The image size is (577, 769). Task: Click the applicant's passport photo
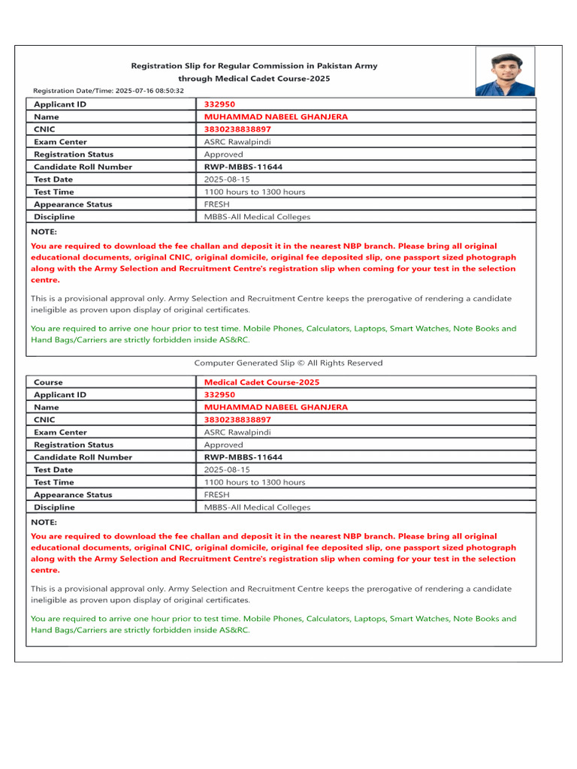(x=505, y=71)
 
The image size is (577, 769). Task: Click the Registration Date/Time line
(x=107, y=90)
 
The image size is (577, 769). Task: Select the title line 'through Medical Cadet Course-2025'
(x=254, y=78)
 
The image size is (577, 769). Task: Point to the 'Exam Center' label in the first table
(x=60, y=142)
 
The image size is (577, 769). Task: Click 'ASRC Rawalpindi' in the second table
(x=237, y=433)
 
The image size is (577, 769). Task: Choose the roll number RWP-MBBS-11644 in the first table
(x=243, y=167)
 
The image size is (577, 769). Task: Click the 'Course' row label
(x=49, y=382)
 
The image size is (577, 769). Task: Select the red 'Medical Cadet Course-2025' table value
(x=261, y=382)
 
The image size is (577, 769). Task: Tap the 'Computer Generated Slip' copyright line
(x=288, y=363)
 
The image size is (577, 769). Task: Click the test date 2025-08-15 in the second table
(x=227, y=470)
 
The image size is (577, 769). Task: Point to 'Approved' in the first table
(x=223, y=155)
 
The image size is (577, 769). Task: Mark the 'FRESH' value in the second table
(x=217, y=495)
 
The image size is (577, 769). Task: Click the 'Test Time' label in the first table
(x=54, y=192)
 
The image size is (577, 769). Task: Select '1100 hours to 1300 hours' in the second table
(x=255, y=482)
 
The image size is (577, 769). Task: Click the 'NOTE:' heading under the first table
(x=44, y=232)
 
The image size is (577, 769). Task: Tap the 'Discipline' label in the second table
(x=54, y=508)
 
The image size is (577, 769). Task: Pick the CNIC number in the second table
(x=237, y=420)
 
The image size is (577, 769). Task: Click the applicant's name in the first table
(x=276, y=117)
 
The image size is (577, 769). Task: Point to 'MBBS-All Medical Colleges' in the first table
(x=257, y=217)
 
